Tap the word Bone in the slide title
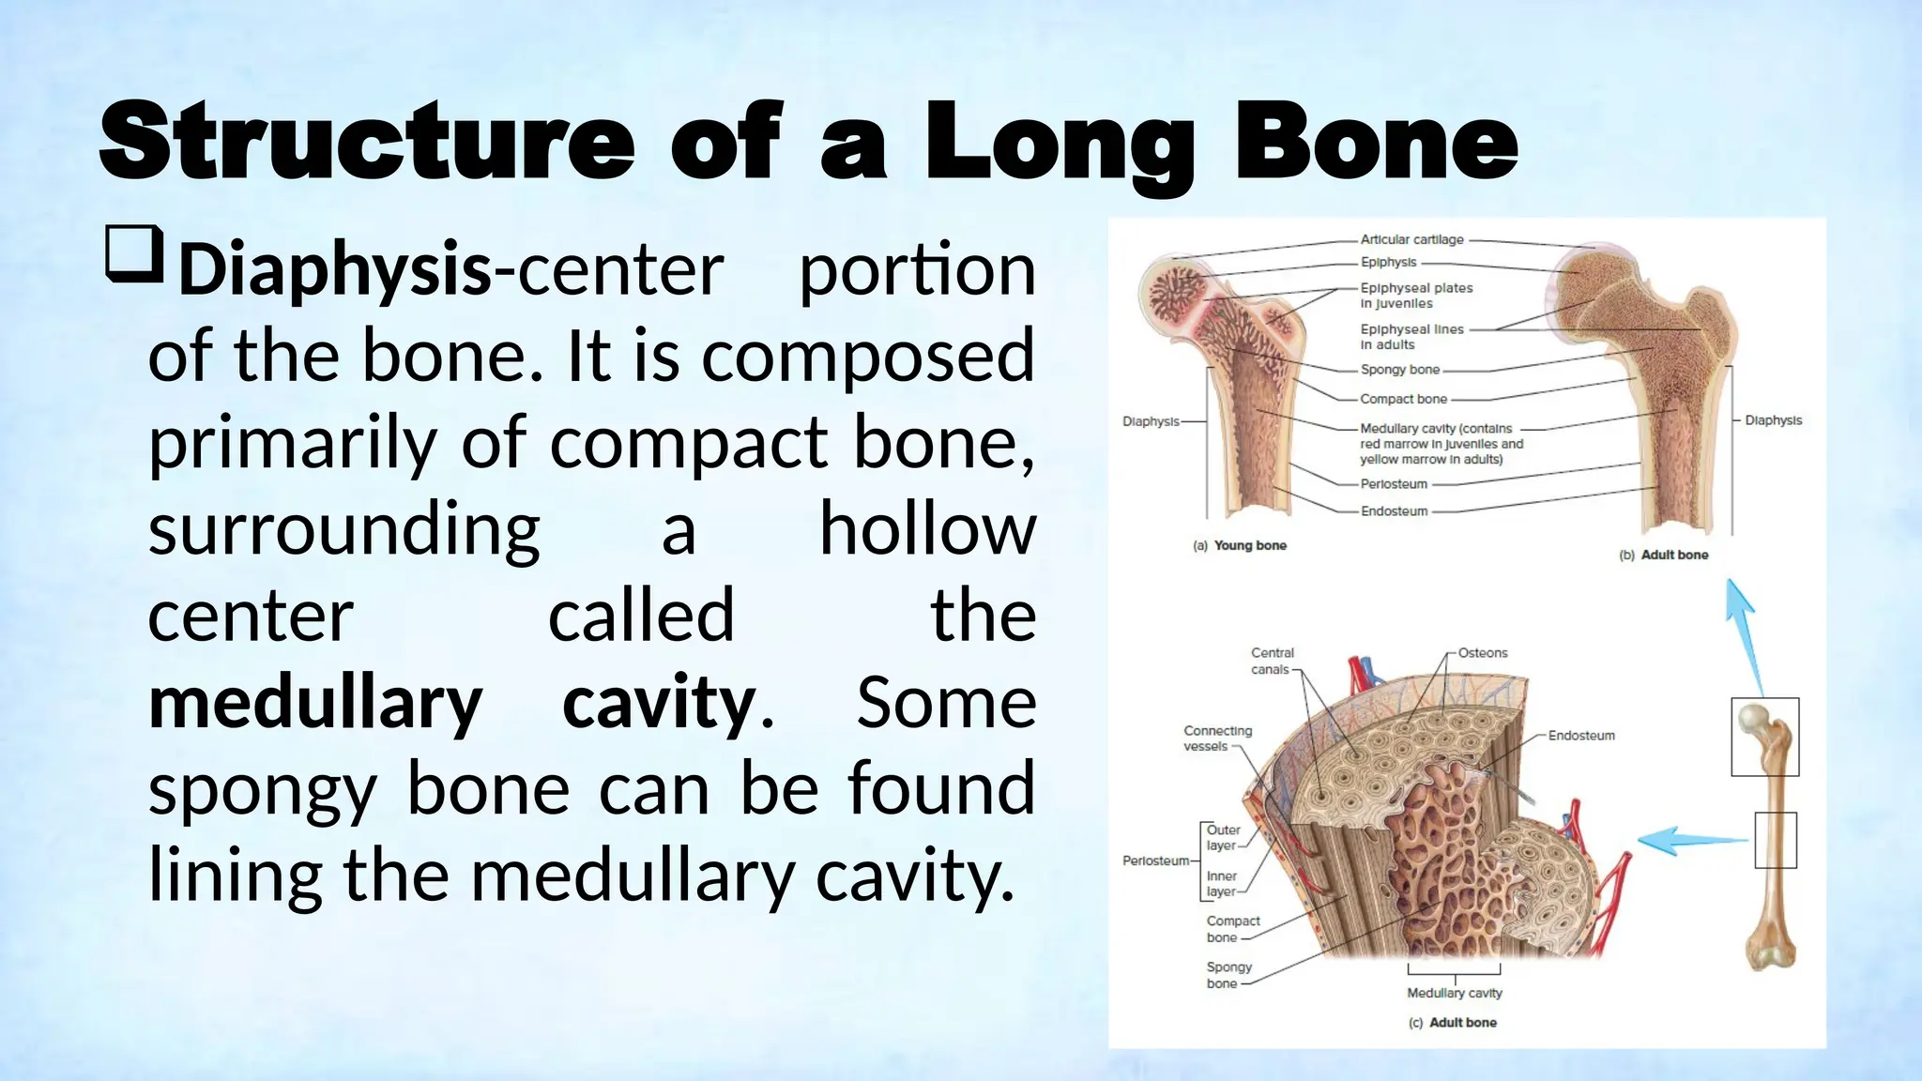[x=1376, y=143]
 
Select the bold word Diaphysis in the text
[x=335, y=270]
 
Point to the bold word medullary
[x=315, y=703]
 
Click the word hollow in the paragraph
[x=927, y=529]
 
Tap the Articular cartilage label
[x=1411, y=239]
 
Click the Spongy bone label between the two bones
[x=1399, y=370]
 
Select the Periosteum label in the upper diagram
[x=1394, y=484]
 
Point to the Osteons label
[x=1483, y=653]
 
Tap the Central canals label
[x=1272, y=661]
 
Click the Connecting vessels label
[x=1217, y=738]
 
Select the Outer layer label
[x=1222, y=837]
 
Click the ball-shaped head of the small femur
[x=1752, y=719]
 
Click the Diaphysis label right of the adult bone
[x=1773, y=420]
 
